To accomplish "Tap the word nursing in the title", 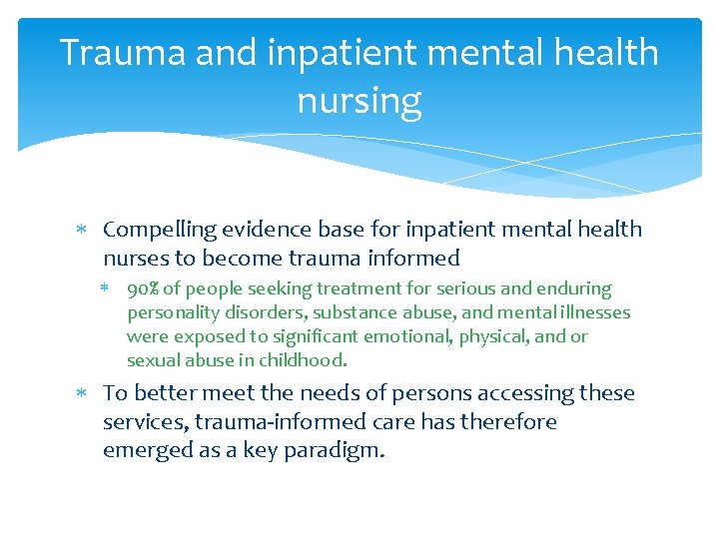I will [x=359, y=100].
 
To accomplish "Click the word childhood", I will [x=303, y=360].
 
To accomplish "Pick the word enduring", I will [x=573, y=288].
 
